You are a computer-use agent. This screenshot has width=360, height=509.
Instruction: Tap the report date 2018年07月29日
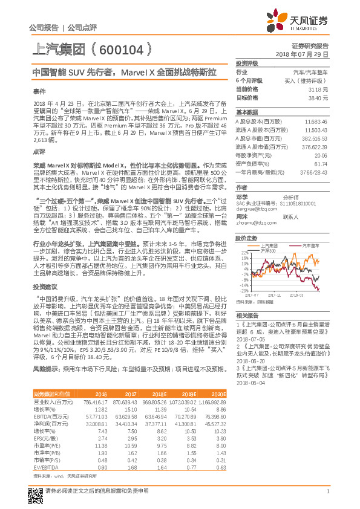coord(301,54)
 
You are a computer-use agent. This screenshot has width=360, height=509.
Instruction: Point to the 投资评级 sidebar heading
coord(247,63)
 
